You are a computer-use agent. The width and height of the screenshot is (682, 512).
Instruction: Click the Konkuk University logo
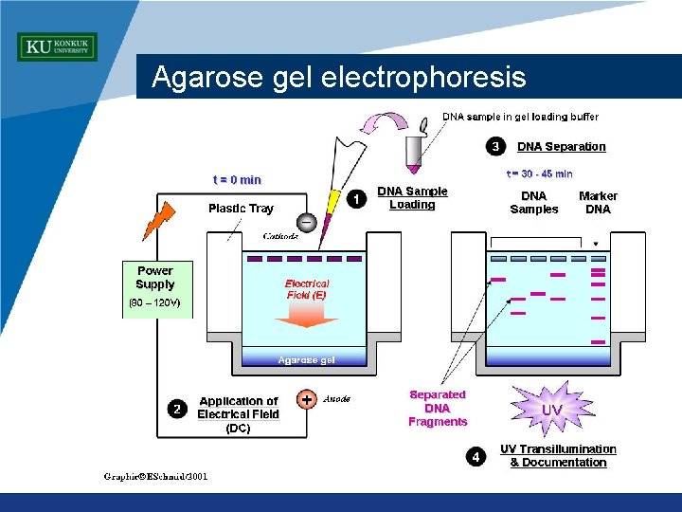[57, 46]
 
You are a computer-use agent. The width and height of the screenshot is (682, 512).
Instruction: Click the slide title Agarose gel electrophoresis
[338, 77]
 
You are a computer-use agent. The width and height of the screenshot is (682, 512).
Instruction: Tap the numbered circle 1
[355, 199]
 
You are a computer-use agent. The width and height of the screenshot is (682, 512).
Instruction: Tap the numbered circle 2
[176, 409]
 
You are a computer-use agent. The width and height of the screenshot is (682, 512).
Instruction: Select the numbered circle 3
[495, 146]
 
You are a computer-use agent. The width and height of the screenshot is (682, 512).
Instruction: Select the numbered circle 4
[476, 457]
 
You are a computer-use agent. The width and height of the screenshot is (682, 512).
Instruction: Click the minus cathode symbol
[307, 222]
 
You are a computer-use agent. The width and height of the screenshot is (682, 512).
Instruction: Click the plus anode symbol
[307, 400]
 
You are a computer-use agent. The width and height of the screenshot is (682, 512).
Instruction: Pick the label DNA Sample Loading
[412, 197]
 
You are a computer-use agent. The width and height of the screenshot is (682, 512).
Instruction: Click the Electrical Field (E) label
[306, 289]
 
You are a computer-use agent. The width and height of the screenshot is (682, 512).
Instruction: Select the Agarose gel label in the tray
[305, 359]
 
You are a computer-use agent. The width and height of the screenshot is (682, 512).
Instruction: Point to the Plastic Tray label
[241, 208]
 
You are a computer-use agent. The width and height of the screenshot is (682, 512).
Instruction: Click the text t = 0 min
[237, 179]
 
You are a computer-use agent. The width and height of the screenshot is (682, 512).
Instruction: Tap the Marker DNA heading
[598, 202]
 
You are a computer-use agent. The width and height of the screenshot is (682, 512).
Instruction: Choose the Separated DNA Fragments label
[438, 408]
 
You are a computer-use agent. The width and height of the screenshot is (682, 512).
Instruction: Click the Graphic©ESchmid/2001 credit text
[155, 476]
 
